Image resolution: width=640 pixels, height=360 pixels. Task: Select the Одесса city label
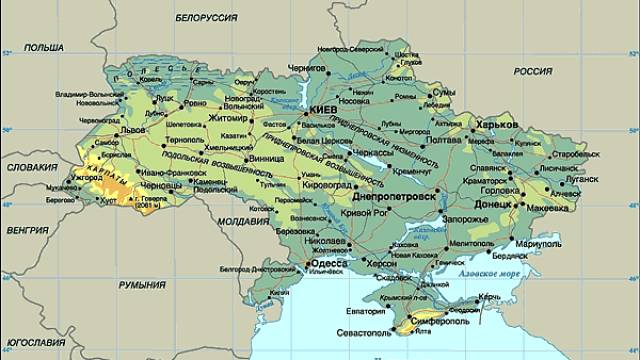(331, 263)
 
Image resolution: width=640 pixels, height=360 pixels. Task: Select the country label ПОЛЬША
(42, 47)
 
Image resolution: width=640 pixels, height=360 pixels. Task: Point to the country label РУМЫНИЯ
(142, 285)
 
